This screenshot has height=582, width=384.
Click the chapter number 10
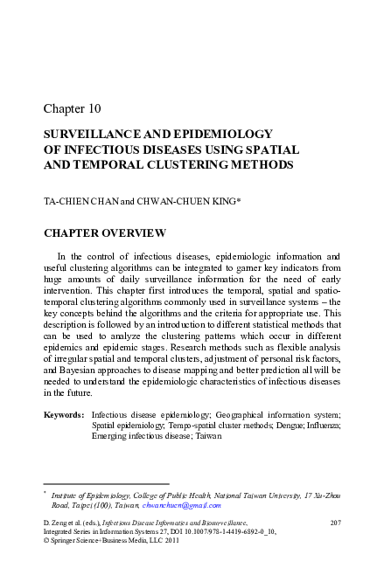[94, 109]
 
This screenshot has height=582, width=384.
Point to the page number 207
[333, 522]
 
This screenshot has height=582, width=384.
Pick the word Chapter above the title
[63, 109]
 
